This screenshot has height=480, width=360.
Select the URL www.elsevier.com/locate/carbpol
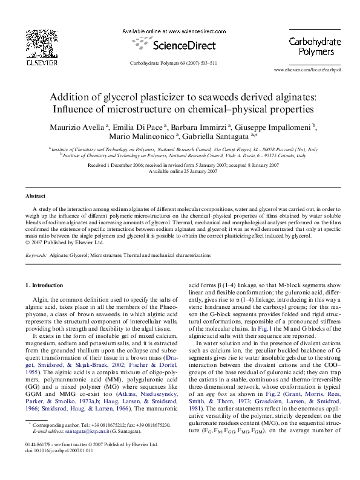(307, 70)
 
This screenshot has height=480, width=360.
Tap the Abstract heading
(36, 196)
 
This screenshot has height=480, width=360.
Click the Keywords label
(36, 256)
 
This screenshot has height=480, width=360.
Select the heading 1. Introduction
(46, 285)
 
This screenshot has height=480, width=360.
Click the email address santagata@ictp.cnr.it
(91, 448)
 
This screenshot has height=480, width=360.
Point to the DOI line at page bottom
(55, 468)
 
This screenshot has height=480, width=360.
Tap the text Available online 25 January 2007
(180, 171)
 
